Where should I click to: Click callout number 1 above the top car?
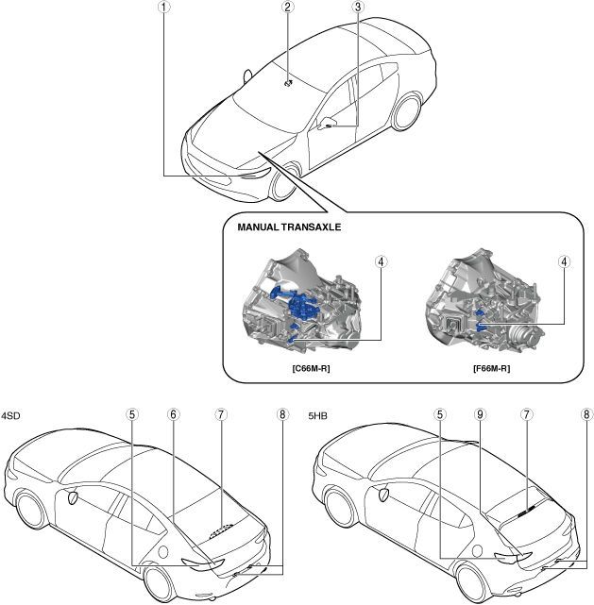pyautogui.click(x=164, y=7)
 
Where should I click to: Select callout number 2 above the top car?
pyautogui.click(x=287, y=7)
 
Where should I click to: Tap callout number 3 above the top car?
pyautogui.click(x=358, y=7)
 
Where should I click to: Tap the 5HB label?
pyautogui.click(x=320, y=414)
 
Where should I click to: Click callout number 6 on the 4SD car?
pyautogui.click(x=174, y=413)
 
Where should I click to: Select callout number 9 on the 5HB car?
pyautogui.click(x=481, y=413)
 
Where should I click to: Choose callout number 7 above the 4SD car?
pyautogui.click(x=220, y=413)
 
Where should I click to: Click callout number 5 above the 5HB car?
pyautogui.click(x=440, y=413)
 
